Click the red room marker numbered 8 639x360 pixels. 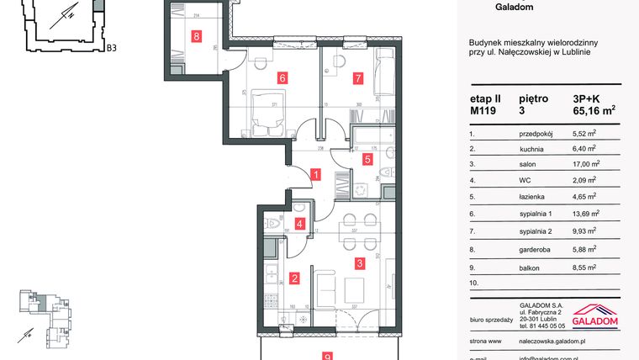(x=197, y=36)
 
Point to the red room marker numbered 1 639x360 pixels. (x=314, y=175)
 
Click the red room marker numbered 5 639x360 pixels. (x=367, y=157)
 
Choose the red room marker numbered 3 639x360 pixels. (x=360, y=263)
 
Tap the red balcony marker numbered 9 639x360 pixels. (x=327, y=355)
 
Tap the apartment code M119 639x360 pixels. (x=483, y=109)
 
